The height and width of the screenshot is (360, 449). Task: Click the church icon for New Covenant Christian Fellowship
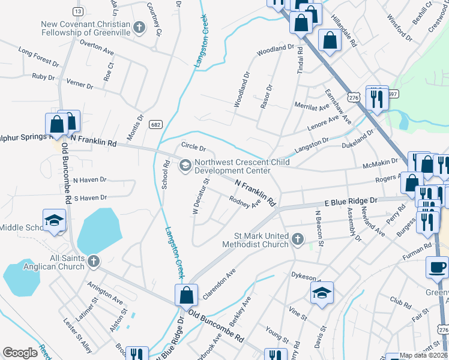pos(139,27)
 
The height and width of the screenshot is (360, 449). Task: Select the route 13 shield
pos(77,11)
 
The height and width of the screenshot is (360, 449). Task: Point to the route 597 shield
pos(393,94)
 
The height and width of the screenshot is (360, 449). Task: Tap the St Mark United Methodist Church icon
pos(297,241)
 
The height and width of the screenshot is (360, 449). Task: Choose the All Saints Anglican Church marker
pos(92,261)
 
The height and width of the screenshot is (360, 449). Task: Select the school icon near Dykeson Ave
pos(322,293)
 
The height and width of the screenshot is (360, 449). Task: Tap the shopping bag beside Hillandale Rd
pos(330,41)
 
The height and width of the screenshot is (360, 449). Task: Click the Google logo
pos(20,353)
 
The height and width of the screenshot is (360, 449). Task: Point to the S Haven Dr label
pos(89,197)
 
